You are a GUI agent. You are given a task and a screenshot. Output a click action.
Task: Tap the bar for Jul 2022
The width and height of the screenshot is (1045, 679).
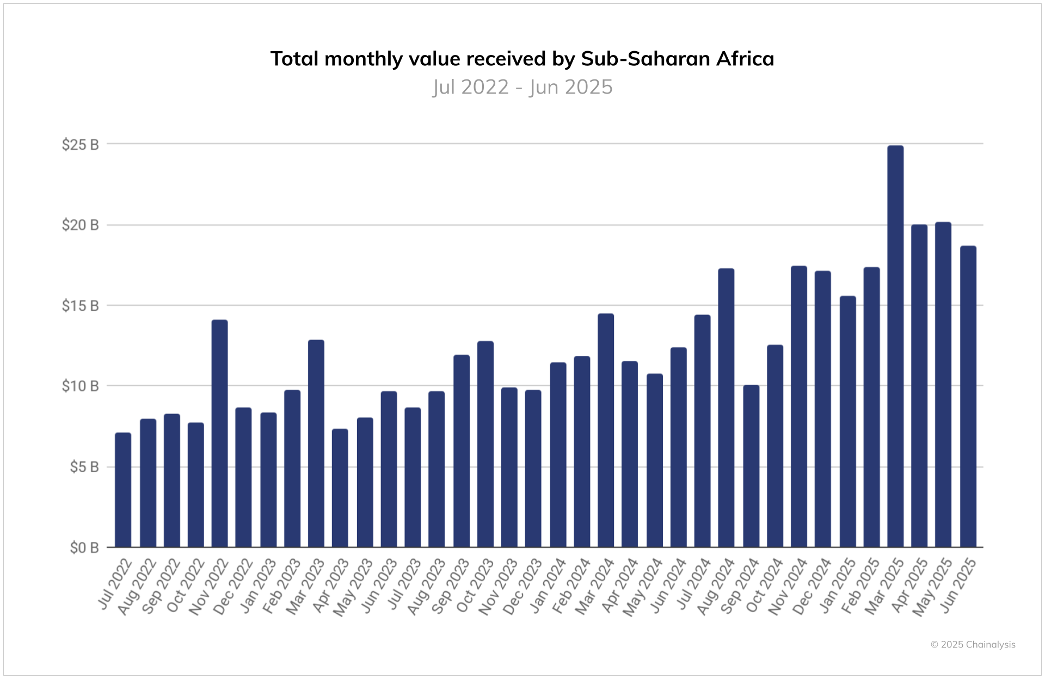(x=124, y=490)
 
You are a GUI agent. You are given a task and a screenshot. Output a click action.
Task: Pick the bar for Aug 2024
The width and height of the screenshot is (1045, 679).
(x=726, y=408)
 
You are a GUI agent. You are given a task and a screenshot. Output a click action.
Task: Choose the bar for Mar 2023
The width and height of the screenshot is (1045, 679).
(x=316, y=443)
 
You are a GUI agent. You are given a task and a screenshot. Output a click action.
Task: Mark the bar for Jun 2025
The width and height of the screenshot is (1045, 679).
(x=968, y=397)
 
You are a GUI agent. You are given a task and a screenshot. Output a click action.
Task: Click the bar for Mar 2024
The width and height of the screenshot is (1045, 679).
(x=606, y=430)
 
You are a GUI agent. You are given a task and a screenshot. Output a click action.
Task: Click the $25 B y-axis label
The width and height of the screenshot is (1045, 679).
(x=81, y=145)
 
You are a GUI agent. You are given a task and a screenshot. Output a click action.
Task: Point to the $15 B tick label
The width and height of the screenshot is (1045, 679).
(x=81, y=306)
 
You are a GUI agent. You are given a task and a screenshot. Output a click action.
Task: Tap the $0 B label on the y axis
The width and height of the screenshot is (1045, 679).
(x=84, y=548)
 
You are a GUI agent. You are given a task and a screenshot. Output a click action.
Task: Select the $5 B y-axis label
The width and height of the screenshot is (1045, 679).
(x=84, y=467)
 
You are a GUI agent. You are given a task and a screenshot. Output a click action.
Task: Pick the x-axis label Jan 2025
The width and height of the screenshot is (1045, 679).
(x=838, y=586)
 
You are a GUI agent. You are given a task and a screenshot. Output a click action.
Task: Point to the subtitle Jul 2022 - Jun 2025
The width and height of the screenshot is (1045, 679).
(x=522, y=87)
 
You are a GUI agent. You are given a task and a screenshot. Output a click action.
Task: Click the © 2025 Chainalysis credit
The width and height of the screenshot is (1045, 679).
(x=973, y=645)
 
